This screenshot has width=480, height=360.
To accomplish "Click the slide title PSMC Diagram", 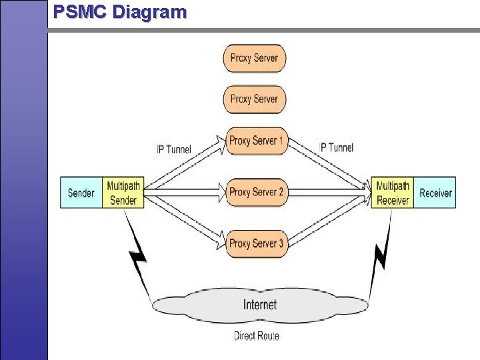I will click(120, 12).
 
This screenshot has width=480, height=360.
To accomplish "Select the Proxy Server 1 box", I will click(256, 141).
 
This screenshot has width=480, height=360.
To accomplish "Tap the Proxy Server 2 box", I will click(256, 192).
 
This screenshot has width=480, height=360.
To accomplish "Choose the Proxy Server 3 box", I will click(256, 243).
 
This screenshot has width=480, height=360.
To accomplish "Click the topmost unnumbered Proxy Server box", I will click(255, 58).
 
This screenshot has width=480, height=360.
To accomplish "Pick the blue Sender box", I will click(81, 193).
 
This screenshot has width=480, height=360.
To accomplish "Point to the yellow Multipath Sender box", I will click(123, 193).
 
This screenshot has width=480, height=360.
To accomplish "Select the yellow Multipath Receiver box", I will click(393, 193).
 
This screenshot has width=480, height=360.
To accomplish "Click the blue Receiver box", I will click(435, 193).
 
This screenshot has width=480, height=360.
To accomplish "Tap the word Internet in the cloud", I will click(260, 305).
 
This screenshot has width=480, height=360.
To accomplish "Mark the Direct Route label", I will click(257, 335).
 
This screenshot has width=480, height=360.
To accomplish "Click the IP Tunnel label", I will click(173, 149).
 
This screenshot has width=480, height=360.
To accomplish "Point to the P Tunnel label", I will click(337, 147).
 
